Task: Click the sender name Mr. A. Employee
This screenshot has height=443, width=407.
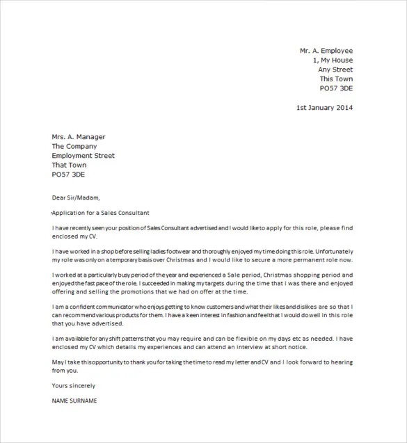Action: [x=326, y=51]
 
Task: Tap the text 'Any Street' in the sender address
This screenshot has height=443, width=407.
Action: [x=335, y=70]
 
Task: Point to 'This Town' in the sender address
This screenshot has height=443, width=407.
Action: [x=336, y=79]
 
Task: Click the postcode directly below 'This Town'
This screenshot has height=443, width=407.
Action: [x=336, y=88]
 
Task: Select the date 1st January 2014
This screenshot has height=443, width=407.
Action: [x=324, y=108]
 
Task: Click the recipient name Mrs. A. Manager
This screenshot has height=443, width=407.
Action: [x=79, y=137]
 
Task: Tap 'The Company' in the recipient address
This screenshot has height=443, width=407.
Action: [x=74, y=147]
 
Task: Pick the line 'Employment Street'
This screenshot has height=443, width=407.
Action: [x=83, y=156]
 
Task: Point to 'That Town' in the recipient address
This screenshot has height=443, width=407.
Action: [x=70, y=166]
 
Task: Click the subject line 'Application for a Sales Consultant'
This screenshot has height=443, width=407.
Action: [x=101, y=212]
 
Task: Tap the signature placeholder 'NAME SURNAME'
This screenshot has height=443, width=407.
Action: [x=74, y=401]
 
